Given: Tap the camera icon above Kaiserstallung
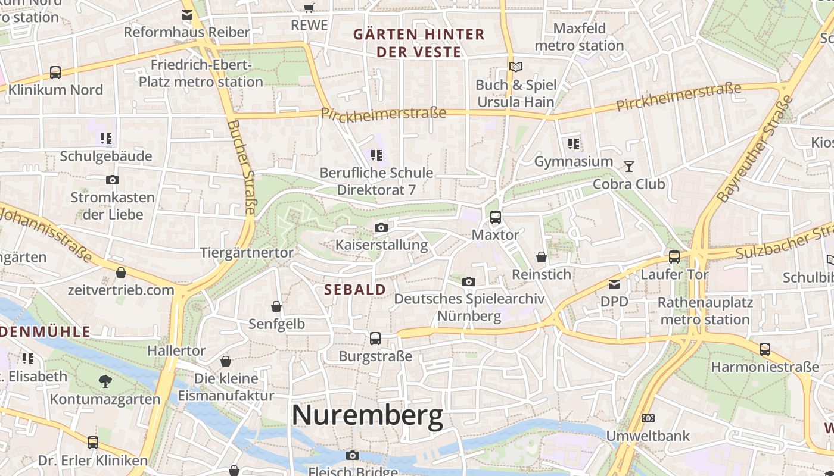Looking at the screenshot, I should [381, 227].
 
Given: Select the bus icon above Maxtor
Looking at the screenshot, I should [495, 217].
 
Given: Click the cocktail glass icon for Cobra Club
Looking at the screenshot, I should [629, 166].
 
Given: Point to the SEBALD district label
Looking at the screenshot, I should [355, 290].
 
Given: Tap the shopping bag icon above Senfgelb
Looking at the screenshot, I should [276, 306].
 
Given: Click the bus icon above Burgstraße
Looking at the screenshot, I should [375, 339].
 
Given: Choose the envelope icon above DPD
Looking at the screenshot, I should [614, 284].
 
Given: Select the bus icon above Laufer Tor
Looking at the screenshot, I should [674, 257].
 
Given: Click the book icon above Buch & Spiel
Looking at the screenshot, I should [516, 67].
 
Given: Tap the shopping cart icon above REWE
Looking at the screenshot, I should [309, 8].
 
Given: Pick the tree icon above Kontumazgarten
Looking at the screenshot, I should [105, 381].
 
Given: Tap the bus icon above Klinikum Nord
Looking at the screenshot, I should [55, 73].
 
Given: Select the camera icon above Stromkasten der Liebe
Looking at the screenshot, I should [113, 180].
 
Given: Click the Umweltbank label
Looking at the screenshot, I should [648, 436].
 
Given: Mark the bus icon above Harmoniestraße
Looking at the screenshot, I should [765, 349].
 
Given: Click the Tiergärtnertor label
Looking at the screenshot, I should [247, 253].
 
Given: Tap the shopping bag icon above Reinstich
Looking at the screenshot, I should [542, 257].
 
